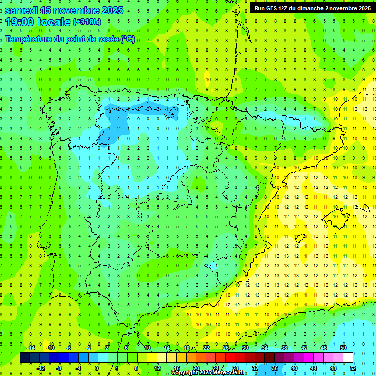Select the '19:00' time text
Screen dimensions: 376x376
[x=20, y=22]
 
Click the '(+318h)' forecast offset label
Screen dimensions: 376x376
[x=87, y=22]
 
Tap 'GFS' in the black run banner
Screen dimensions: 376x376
[x=274, y=8]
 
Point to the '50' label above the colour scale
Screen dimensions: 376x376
[x=343, y=348]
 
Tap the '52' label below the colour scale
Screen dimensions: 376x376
[x=352, y=368]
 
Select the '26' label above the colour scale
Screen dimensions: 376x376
[x=226, y=348]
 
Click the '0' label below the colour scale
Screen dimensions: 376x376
[x=97, y=368]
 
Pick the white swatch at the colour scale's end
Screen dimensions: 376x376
[x=348, y=357]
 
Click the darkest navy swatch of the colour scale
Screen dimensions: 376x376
[x=24, y=357]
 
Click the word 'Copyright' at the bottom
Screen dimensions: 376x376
[x=185, y=373]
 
